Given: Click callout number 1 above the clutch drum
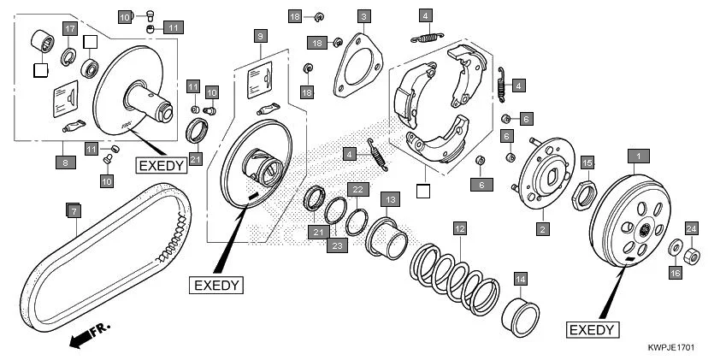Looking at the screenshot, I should pyautogui.click(x=635, y=156).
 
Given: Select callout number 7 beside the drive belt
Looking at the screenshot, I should pyautogui.click(x=74, y=210).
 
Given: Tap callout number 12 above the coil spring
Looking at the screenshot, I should pyautogui.click(x=460, y=228).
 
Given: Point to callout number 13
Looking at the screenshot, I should pyautogui.click(x=391, y=199).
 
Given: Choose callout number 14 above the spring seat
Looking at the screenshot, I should pyautogui.click(x=521, y=280).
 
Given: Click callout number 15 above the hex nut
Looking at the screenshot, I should pyautogui.click(x=587, y=162).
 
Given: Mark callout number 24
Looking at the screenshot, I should pyautogui.click(x=691, y=227).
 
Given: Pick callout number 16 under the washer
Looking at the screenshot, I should pyautogui.click(x=675, y=272).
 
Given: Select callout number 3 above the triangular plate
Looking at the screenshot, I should pyautogui.click(x=364, y=16).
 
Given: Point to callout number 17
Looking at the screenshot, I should pyautogui.click(x=72, y=30).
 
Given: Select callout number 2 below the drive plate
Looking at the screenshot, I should pyautogui.click(x=542, y=228).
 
